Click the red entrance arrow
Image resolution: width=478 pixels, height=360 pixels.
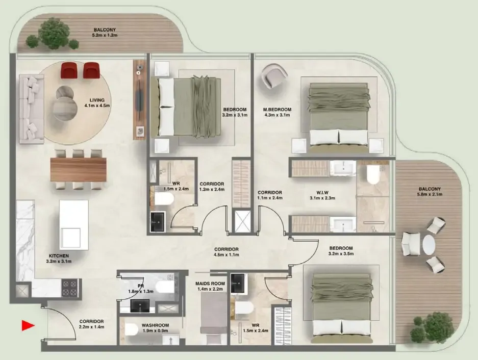[28, 325]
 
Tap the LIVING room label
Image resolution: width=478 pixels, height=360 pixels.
[97, 100]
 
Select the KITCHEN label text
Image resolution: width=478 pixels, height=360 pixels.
[59, 256]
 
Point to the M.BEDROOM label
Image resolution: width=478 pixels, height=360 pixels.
[277, 110]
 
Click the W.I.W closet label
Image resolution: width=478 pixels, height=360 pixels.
[322, 192]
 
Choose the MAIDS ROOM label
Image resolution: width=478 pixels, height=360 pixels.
[210, 284]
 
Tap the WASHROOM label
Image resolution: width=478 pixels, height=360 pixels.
[155, 325]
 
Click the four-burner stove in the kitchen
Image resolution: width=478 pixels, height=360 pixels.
[70, 288]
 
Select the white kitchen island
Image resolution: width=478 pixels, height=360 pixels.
[74, 225]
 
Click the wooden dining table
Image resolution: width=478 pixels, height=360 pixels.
[79, 169]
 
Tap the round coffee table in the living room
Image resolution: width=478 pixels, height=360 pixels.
[65, 104]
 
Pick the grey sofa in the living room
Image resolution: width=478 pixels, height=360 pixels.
[32, 109]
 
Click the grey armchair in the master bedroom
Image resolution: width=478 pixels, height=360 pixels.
[275, 76]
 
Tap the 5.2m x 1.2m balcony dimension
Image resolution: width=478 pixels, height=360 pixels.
[105, 35]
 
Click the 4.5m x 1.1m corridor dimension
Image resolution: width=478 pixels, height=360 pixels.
[226, 254]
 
